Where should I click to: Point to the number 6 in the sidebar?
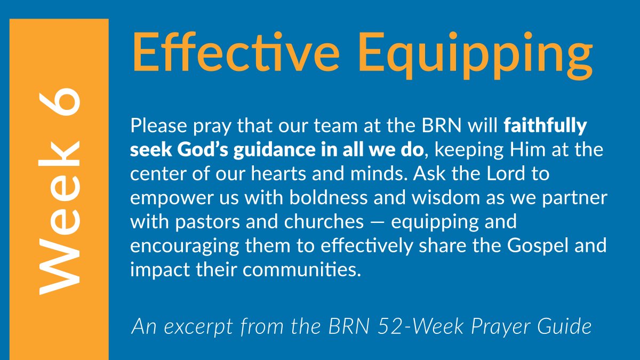pyautogui.click(x=60, y=110)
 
